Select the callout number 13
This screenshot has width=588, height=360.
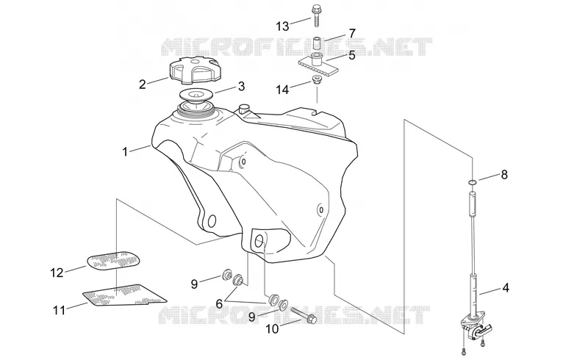282,26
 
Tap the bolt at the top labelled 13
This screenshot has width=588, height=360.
315,15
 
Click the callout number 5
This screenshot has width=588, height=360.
351,55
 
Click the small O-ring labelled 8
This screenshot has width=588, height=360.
473,182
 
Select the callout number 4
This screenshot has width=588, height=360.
506,288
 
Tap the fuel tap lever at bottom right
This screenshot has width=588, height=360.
484,329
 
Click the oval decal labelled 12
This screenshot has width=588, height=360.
115,260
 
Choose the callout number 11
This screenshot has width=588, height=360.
59,311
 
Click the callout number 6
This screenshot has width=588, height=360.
219,303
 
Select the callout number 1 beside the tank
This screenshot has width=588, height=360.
125,152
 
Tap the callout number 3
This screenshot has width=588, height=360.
241,86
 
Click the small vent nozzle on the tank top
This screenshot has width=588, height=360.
244,109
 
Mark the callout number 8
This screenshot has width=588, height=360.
504,174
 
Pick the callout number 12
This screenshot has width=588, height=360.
57,273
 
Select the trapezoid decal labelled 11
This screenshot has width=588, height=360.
124,295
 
